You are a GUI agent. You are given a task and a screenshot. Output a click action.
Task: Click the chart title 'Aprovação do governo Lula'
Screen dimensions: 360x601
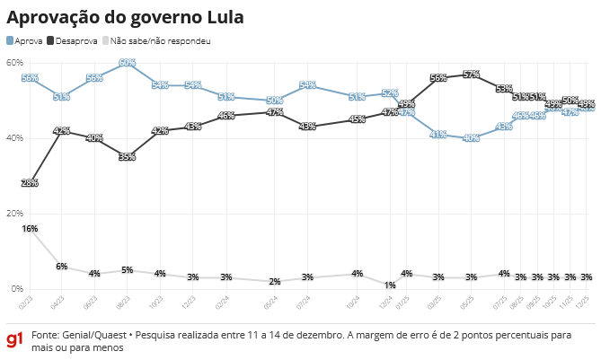pyautogui.click(x=125, y=17)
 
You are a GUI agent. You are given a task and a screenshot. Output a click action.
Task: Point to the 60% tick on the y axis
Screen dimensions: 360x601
pyautogui.click(x=14, y=62)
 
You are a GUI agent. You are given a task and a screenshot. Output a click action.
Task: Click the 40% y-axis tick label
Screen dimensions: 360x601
pyautogui.click(x=14, y=137)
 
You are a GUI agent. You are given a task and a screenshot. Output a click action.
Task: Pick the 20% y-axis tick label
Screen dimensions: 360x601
pyautogui.click(x=14, y=213)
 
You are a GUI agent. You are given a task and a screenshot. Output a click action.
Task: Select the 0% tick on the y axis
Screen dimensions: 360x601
pyautogui.click(x=16, y=288)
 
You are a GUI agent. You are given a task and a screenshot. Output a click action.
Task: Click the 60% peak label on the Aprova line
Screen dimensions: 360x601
pyautogui.click(x=127, y=63)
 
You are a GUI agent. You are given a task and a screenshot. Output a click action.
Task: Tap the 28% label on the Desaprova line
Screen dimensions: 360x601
pyautogui.click(x=30, y=183)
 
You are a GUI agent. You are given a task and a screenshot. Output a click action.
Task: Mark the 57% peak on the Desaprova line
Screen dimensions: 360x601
pyautogui.click(x=471, y=74)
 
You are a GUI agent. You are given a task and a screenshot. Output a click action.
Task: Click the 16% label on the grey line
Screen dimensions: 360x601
pyautogui.click(x=30, y=229)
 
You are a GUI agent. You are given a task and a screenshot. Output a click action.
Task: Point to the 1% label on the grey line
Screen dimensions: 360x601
pyautogui.click(x=390, y=285)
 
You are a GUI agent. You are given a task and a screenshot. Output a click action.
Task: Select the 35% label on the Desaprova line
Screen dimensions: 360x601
pyautogui.click(x=127, y=157)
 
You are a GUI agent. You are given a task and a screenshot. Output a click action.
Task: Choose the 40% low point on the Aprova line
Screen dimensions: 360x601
pyautogui.click(x=471, y=138)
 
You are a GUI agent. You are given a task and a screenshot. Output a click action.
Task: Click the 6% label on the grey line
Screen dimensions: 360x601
pyautogui.click(x=62, y=267)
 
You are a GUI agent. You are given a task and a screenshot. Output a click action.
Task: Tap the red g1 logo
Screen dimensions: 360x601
pyautogui.click(x=14, y=340)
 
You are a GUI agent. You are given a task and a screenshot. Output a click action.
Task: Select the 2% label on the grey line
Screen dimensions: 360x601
pyautogui.click(x=275, y=282)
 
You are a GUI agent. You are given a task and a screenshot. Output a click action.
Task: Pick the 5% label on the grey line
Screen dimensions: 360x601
pyautogui.click(x=127, y=270)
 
